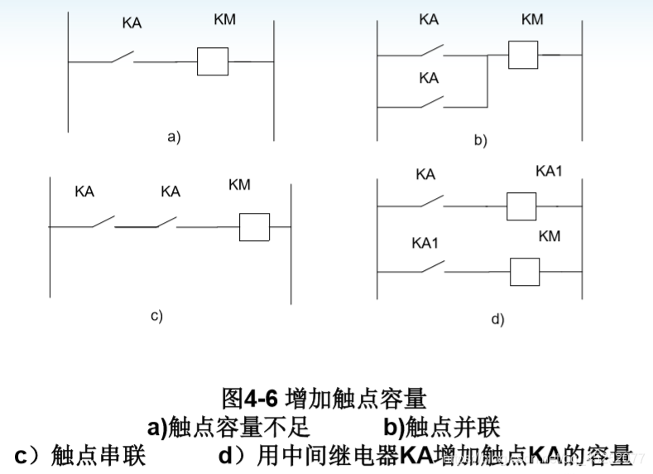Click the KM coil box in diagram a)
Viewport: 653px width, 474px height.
(212, 62)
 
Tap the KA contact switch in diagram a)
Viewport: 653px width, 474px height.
(121, 58)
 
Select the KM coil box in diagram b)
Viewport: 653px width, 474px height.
(521, 55)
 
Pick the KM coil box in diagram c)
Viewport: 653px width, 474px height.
(254, 226)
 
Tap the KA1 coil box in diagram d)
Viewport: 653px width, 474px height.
(521, 206)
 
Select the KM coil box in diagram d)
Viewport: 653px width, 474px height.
(525, 271)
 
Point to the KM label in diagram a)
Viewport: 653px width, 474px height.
(224, 19)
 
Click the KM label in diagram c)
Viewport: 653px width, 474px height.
(239, 184)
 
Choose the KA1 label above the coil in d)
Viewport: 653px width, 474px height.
(549, 171)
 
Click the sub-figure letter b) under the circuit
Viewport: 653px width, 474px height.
(480, 141)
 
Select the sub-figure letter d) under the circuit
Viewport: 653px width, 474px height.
(497, 318)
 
